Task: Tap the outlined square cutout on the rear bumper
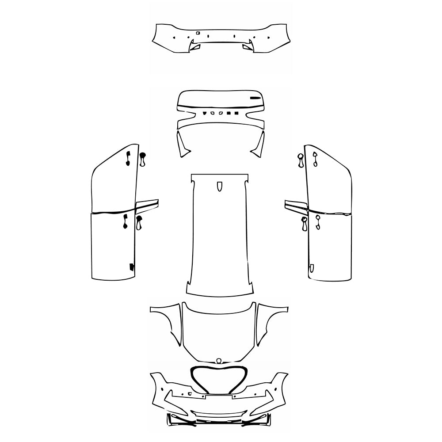click(198, 33)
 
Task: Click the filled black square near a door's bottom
click(132, 267)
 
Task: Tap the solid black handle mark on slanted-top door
click(128, 158)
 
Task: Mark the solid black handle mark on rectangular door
click(126, 221)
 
